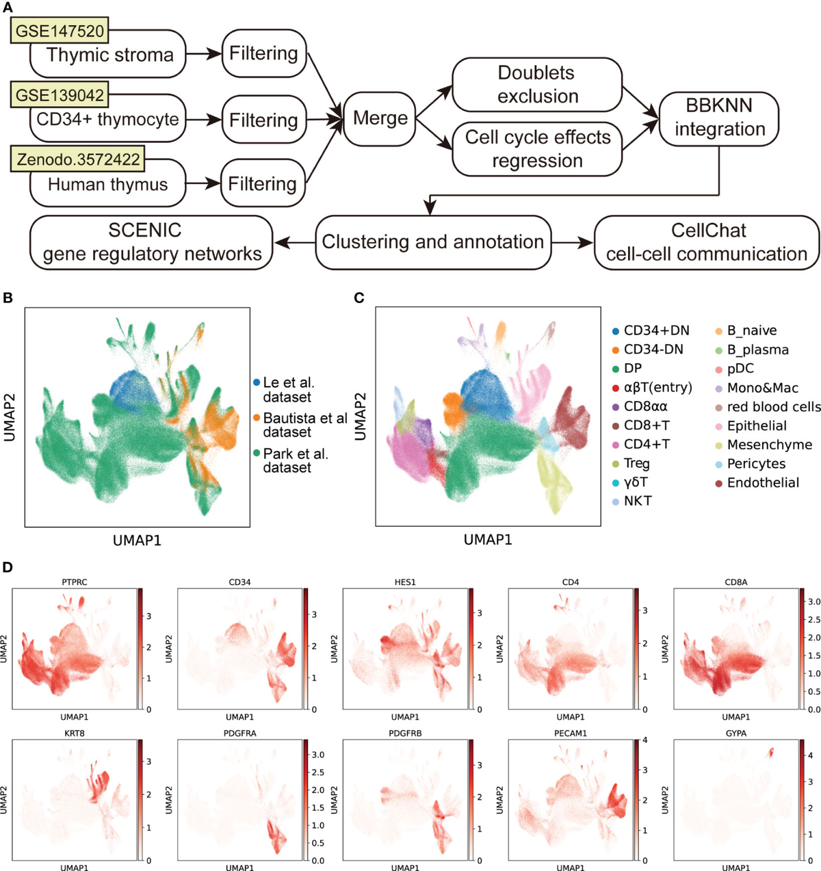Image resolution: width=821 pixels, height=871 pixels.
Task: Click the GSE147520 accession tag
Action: (x=60, y=31)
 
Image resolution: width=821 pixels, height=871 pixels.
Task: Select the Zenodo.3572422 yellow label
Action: (x=79, y=159)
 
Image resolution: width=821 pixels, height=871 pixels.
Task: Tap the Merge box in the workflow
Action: (x=380, y=118)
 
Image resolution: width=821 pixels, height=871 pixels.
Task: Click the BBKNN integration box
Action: (x=719, y=118)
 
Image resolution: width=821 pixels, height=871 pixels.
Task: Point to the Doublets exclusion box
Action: (x=537, y=84)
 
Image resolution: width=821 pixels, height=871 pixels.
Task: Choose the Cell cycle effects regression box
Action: (x=537, y=148)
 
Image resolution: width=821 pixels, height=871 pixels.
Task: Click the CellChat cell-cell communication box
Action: (x=707, y=242)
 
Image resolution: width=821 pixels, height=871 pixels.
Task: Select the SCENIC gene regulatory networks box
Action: (x=151, y=242)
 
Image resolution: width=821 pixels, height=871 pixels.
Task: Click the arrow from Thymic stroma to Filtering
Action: (x=203, y=53)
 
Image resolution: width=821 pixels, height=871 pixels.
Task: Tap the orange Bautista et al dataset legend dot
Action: (x=257, y=418)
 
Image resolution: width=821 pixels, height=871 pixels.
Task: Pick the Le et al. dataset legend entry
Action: (x=288, y=389)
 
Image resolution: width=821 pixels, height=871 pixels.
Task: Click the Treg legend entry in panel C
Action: (x=636, y=463)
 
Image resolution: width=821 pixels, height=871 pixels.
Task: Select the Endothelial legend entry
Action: (x=762, y=482)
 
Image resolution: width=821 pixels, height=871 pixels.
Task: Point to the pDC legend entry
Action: (x=740, y=368)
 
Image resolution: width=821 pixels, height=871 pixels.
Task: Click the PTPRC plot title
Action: (x=74, y=582)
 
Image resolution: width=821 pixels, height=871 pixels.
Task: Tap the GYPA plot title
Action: (x=735, y=733)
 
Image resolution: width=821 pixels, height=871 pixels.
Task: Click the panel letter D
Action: (x=8, y=567)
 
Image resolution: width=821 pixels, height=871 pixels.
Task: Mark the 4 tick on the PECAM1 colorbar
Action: (x=645, y=740)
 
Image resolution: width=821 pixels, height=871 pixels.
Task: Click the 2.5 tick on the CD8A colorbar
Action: (x=813, y=620)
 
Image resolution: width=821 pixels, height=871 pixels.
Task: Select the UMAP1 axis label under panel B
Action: (x=137, y=541)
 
